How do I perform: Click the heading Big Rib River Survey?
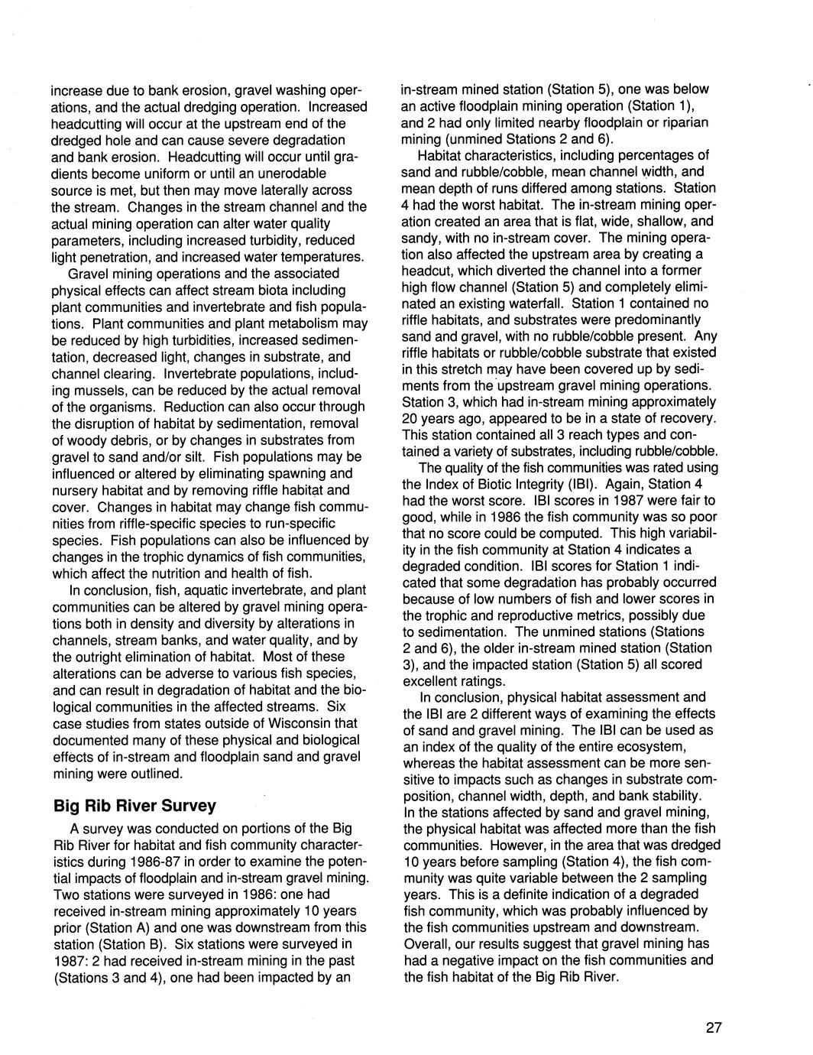pos(134,806)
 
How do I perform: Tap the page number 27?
pos(713,1027)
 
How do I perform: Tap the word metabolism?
pos(300,323)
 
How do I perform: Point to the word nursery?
pos(76,490)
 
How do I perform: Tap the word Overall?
pos(425,943)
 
